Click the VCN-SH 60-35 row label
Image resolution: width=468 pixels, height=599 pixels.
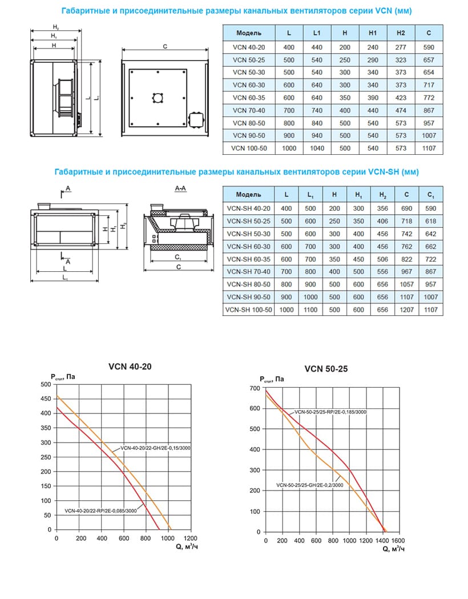point(248,259)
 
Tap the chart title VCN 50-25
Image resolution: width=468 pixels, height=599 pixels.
point(326,369)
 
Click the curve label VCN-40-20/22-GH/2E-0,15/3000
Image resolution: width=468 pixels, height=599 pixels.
point(155,448)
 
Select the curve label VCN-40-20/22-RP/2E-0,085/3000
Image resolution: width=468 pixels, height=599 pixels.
point(100,510)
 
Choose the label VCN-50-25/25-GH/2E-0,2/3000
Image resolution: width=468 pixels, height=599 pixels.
point(309,485)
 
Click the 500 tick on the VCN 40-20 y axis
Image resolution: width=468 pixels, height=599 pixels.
point(46,384)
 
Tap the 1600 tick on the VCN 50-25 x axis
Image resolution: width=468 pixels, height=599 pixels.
point(398,541)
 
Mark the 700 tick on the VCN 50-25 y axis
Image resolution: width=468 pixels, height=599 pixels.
point(255,388)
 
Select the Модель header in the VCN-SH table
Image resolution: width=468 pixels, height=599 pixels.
point(248,195)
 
